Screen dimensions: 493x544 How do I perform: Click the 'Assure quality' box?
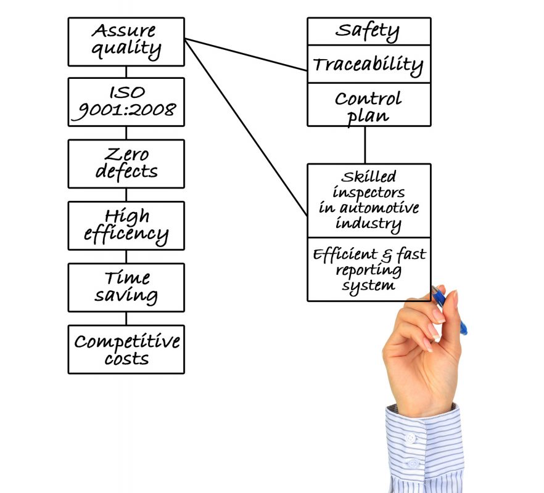click(126, 41)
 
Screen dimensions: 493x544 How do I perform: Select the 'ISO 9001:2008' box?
click(126, 102)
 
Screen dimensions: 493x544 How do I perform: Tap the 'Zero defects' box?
click(126, 163)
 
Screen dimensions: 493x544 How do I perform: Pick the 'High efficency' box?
click(126, 226)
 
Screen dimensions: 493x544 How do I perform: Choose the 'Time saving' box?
click(126, 287)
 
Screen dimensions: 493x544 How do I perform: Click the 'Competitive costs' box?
click(126, 349)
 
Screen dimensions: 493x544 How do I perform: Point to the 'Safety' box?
click(368, 31)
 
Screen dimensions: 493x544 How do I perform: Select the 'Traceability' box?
click(368, 64)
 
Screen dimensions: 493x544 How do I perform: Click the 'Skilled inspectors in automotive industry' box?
click(368, 200)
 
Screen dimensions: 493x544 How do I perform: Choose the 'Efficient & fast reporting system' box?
click(368, 269)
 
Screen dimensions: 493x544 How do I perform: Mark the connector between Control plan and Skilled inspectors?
click(365, 145)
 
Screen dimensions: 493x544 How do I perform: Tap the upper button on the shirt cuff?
click(410, 438)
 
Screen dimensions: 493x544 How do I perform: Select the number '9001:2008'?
click(126, 110)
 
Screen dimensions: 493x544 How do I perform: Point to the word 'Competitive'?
click(127, 341)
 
